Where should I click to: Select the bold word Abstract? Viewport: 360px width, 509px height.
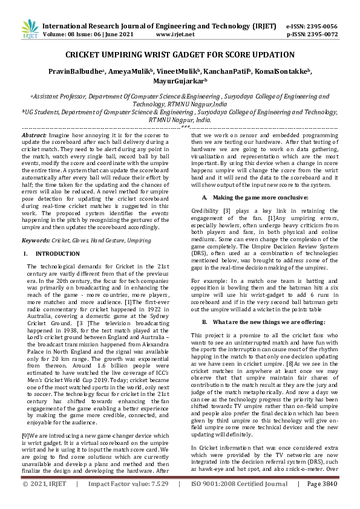[34, 135]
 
